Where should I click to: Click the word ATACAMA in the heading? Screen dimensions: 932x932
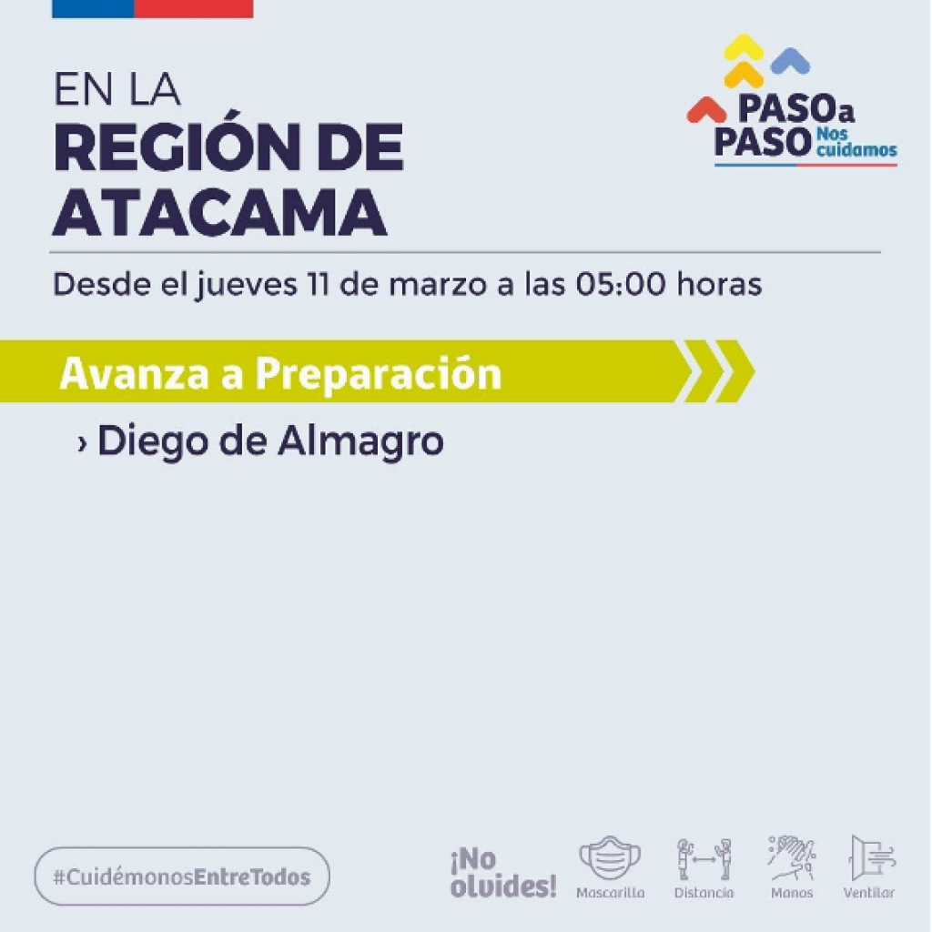pos(220,213)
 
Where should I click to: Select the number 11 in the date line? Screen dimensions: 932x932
pos(318,284)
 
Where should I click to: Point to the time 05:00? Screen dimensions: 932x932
pos(621,284)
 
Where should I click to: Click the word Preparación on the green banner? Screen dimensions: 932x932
pos(379,374)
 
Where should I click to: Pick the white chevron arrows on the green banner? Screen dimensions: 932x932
pos(715,371)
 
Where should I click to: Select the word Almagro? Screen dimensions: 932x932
pos(360,442)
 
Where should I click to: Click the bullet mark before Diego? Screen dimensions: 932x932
pos(83,443)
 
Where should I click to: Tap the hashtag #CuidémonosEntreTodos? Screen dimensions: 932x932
pos(182,877)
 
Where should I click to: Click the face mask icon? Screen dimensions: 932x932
pos(610,857)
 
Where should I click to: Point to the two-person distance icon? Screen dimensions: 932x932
pos(704,859)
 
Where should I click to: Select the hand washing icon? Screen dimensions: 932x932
pos(791,857)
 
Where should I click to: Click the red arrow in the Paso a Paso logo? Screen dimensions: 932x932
pos(706,110)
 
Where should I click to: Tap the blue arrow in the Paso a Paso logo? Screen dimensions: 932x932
pos(790,61)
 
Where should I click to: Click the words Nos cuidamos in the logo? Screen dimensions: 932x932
pos(856,142)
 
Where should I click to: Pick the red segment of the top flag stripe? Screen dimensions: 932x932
pos(194,8)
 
